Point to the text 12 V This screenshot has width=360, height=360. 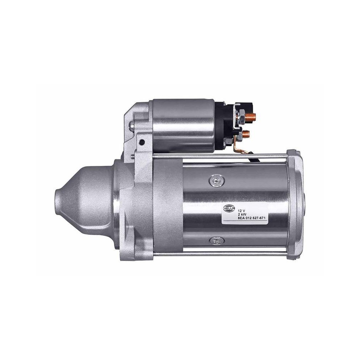242,209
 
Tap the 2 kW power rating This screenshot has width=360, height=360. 242,213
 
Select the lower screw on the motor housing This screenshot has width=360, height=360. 216,239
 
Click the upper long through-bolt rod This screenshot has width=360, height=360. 216,156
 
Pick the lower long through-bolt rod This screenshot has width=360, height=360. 216,255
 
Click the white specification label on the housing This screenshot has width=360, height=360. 245,214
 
